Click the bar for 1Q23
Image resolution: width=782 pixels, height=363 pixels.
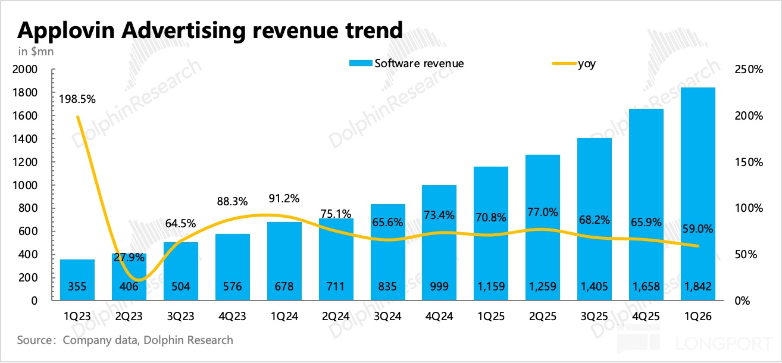coord(77,280)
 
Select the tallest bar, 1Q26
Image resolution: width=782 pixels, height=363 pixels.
coord(698,194)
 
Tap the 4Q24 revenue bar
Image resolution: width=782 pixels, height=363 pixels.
coord(439,243)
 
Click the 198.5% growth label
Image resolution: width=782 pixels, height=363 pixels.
coord(77,99)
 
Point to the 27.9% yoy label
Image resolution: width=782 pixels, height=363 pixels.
coord(129,258)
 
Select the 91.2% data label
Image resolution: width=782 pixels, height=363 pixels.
coord(284,199)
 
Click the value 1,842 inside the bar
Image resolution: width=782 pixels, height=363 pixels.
coord(698,287)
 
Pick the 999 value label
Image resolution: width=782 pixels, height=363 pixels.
coord(439,287)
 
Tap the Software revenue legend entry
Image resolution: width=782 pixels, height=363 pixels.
coord(406,64)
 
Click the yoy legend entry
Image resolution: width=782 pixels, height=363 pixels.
coord(574,64)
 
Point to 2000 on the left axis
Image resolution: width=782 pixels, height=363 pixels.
coord(25,70)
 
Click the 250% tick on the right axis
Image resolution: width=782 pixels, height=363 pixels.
coord(749,70)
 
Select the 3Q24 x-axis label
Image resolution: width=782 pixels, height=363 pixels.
coord(387,316)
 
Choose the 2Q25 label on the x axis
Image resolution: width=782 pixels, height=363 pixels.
coord(543,316)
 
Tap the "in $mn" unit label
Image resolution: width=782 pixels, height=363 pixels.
coord(36,52)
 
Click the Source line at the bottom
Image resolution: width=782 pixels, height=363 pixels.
coord(125,340)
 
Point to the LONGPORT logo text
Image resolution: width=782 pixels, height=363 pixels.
coord(724,343)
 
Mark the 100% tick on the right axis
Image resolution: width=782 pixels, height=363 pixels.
coord(749,208)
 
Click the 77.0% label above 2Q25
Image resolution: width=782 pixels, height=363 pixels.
coord(543,212)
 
